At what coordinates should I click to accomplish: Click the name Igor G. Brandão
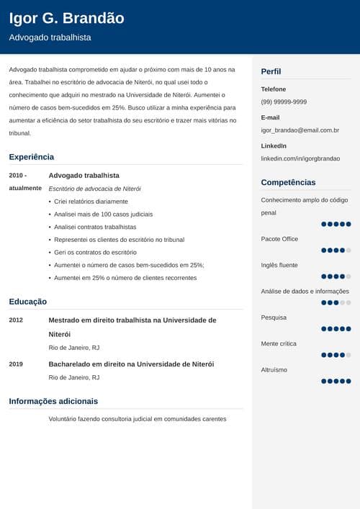click(x=66, y=18)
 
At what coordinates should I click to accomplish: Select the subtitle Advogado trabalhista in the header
click(x=50, y=37)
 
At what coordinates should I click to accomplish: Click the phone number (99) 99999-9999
click(x=284, y=102)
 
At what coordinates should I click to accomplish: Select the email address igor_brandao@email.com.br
click(x=300, y=130)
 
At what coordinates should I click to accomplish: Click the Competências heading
click(x=288, y=182)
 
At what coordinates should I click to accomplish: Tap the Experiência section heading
click(x=31, y=156)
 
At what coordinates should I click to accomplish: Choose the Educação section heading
click(x=28, y=302)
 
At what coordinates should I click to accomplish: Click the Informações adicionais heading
click(x=53, y=401)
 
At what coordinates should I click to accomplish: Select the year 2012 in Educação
click(x=16, y=320)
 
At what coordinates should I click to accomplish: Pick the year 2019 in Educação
click(x=16, y=364)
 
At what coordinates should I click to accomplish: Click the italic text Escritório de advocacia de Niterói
click(x=94, y=188)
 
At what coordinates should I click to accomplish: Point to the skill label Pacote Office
click(x=279, y=238)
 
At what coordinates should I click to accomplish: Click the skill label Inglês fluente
click(x=279, y=265)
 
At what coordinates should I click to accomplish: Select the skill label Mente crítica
click(x=279, y=343)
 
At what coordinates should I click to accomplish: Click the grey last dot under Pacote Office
click(x=348, y=251)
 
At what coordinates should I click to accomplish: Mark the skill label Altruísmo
click(x=274, y=369)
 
